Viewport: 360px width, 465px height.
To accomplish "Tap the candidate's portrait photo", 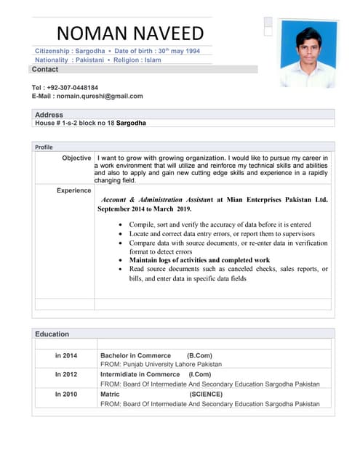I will [x=308, y=53].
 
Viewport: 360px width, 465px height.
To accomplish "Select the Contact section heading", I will [x=45, y=69].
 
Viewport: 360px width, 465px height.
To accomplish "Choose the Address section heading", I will [x=49, y=115].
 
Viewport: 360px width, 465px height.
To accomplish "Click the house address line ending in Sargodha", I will [x=90, y=124].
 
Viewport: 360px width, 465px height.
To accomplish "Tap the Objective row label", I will [x=76, y=158].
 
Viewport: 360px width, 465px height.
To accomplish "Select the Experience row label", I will [x=73, y=190].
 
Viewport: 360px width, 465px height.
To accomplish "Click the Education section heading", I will [x=52, y=334].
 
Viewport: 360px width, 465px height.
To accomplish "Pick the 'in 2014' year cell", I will [x=65, y=356].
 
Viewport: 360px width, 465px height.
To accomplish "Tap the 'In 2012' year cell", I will [x=65, y=375].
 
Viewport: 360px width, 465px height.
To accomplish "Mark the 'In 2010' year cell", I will [x=65, y=395].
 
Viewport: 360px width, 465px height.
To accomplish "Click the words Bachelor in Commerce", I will [x=136, y=356].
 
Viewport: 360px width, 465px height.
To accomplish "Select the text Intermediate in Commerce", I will [x=140, y=375].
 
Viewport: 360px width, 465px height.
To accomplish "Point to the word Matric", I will [x=111, y=395].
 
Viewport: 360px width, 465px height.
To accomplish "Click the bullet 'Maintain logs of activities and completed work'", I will [x=199, y=260].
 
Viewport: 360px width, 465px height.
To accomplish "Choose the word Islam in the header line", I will [x=153, y=60].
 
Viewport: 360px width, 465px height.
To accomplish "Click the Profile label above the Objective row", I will [x=44, y=147].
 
